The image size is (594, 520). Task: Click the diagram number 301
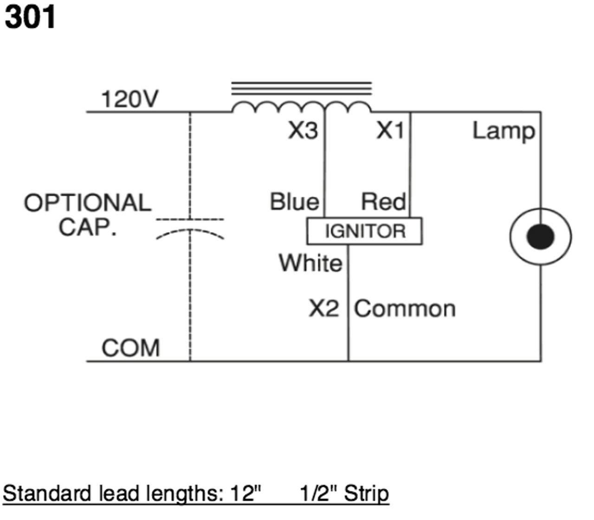[30, 17]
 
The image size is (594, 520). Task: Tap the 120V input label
[130, 99]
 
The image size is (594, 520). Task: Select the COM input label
[131, 347]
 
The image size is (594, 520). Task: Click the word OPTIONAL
[88, 203]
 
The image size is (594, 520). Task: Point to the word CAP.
[88, 227]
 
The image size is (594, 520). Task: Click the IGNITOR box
[365, 231]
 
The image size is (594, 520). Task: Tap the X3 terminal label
[303, 130]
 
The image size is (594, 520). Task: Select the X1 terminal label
[390, 130]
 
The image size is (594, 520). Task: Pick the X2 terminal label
[324, 308]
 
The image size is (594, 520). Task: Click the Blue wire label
[295, 201]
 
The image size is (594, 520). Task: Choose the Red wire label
[383, 201]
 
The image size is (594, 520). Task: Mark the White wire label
[310, 263]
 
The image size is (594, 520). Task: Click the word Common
[405, 309]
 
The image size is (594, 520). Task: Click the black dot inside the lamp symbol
[541, 237]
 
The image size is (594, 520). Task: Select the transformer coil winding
[301, 107]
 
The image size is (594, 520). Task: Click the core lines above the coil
[301, 89]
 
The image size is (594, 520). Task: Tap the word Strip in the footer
[367, 493]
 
